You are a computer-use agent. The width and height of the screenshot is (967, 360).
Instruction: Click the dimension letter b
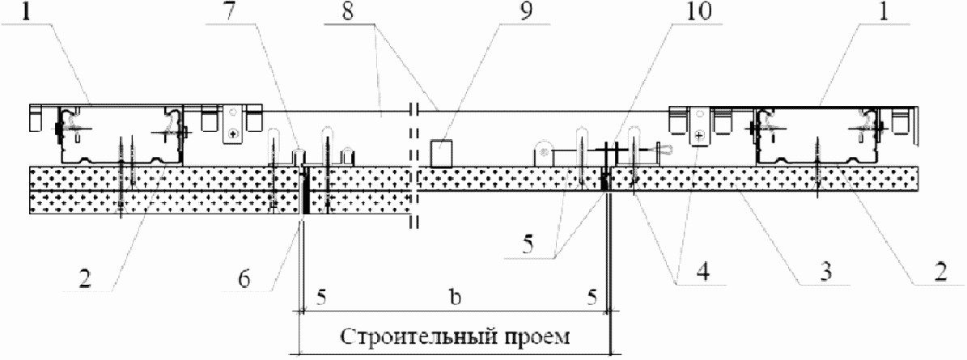456,298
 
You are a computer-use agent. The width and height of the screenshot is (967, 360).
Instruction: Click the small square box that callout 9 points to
442,152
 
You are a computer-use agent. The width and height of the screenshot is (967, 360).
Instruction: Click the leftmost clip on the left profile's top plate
35,119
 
